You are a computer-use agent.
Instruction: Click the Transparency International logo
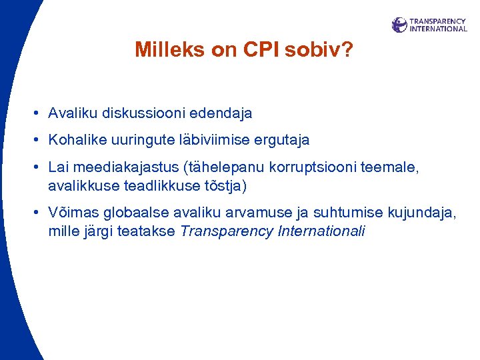[x=429, y=25]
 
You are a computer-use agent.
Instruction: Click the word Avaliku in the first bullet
[x=73, y=113]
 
